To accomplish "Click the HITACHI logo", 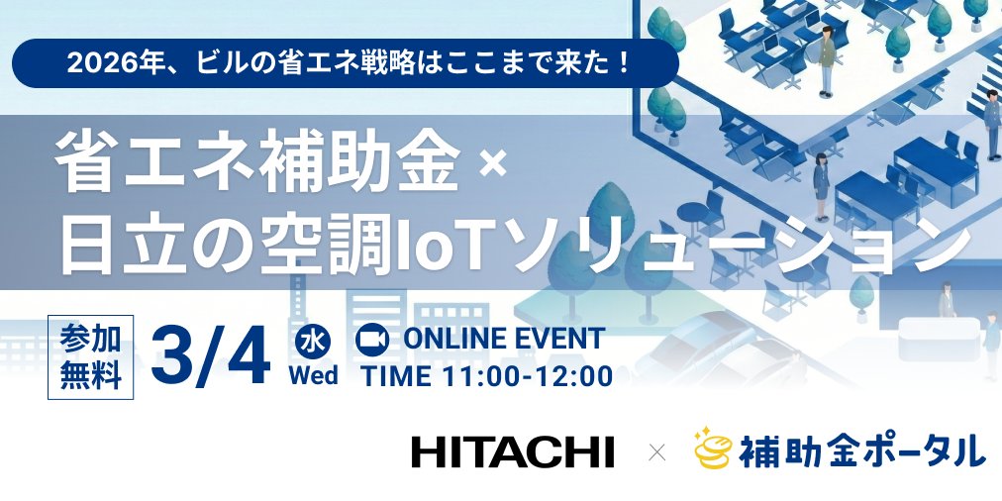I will pos(512,451).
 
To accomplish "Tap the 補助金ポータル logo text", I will pos(861,451).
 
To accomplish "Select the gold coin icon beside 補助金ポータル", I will pos(712,451).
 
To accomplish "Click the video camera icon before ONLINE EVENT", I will pos(372,339).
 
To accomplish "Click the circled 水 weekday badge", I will pos(313,342).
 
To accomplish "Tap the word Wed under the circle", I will pos(313,376).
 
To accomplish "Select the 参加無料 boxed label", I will pos(90,356).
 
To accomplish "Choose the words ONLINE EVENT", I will pos(503,339).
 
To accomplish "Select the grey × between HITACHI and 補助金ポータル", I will pos(656,452).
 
